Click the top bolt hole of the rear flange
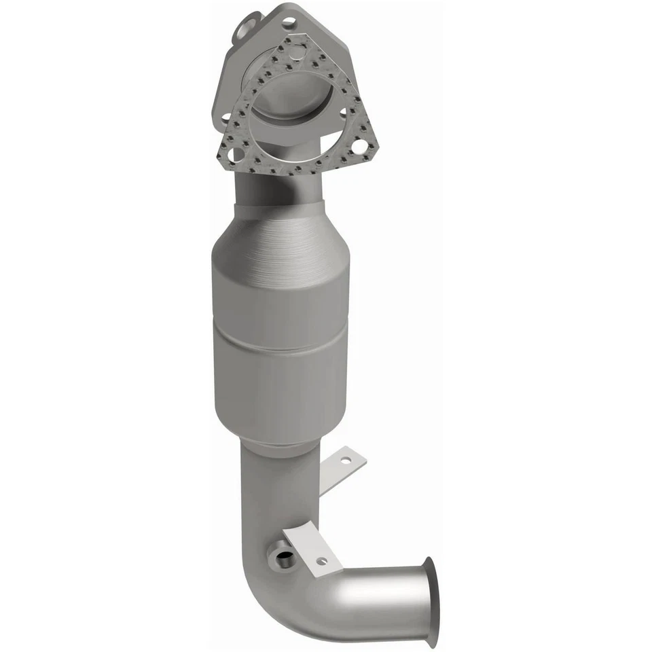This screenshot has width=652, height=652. pos(289,22)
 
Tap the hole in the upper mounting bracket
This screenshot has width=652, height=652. pos(346,459)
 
